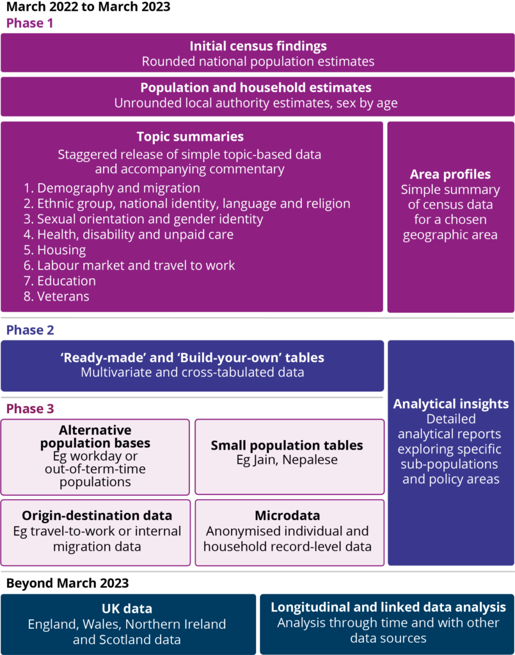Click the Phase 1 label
[29, 23]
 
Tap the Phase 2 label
[30, 330]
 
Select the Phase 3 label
[30, 409]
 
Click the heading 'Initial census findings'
[258, 46]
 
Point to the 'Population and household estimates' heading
[256, 87]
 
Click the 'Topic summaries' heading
[190, 137]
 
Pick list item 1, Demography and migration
[111, 188]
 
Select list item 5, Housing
[55, 250]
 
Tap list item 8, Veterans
[56, 296]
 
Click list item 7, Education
[59, 281]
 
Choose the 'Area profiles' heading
[450, 174]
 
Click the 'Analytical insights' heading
[451, 404]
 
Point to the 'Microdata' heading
[287, 516]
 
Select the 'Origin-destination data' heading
[97, 516]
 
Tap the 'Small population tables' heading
[287, 445]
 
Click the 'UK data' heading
[127, 609]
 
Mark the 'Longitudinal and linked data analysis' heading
[388, 607]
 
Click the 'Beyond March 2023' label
[68, 583]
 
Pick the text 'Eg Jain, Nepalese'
[287, 460]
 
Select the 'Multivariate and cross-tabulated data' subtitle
[193, 372]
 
